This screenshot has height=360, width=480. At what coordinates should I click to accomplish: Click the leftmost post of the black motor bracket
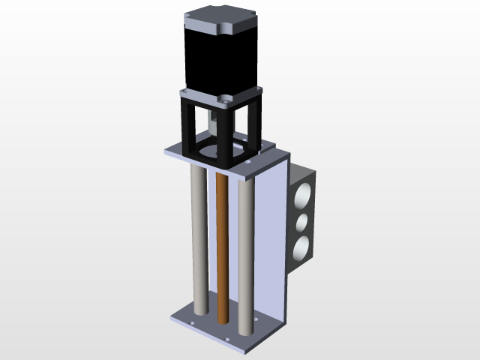click(x=184, y=124)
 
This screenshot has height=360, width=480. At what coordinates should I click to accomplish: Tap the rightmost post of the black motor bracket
click(x=257, y=120)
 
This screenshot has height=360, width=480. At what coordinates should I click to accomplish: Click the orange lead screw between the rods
click(x=221, y=247)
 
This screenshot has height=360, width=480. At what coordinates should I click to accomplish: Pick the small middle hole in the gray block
click(x=304, y=223)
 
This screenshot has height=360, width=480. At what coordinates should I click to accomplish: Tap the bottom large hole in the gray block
click(x=302, y=248)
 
